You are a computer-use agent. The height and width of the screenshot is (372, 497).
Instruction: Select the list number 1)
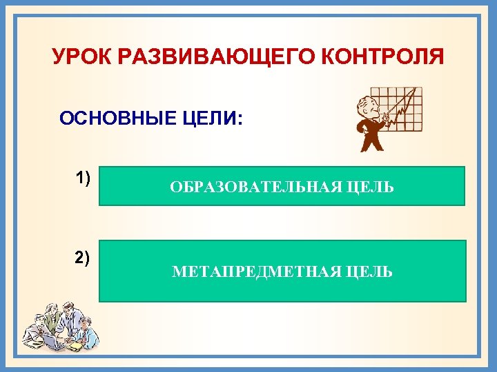click(83, 178)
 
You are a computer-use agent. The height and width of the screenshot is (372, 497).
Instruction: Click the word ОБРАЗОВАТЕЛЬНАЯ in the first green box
click(252, 187)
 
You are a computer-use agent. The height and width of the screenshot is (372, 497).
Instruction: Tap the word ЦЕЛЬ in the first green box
click(369, 187)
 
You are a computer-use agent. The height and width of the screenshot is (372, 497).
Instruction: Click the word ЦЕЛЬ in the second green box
click(368, 272)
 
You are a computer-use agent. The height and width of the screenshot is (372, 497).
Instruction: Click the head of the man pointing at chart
click(364, 107)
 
